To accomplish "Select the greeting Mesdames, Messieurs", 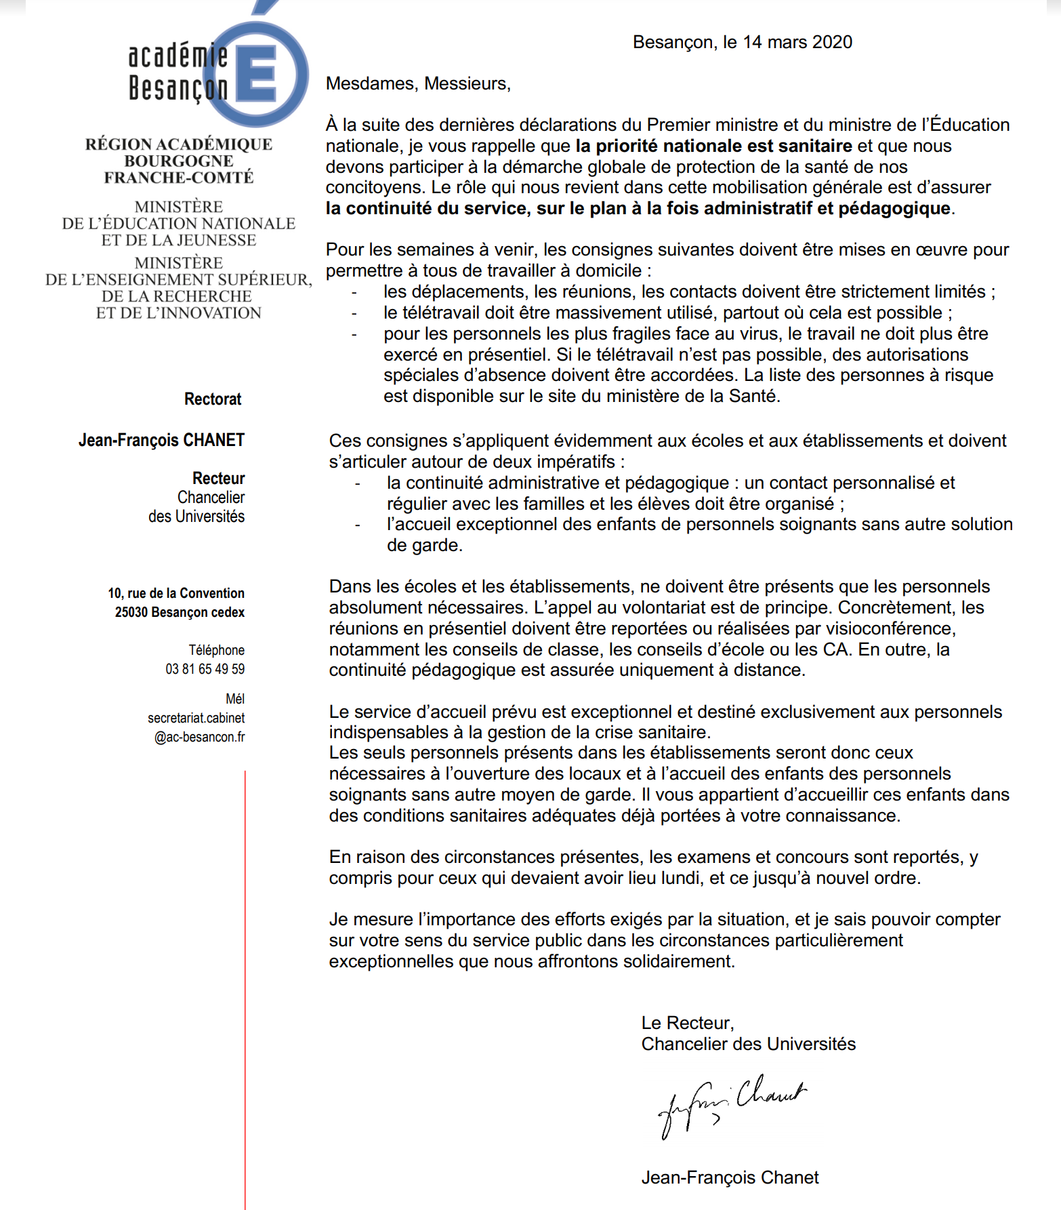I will [x=418, y=83].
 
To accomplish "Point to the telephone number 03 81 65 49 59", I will [x=205, y=669].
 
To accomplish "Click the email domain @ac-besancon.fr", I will [x=199, y=737].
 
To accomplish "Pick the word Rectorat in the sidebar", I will [x=213, y=399].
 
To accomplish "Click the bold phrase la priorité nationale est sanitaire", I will [x=713, y=146].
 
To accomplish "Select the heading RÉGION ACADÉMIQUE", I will [x=179, y=144].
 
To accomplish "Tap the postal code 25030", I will [x=131, y=612].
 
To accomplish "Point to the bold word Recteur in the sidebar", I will [x=218, y=479].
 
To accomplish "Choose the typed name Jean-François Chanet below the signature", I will [x=730, y=1177].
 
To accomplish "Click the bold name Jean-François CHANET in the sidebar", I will [x=161, y=440].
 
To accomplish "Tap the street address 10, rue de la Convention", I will [x=176, y=593].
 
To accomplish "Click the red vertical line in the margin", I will [x=245, y=983].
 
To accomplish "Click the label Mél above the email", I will [x=235, y=699].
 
